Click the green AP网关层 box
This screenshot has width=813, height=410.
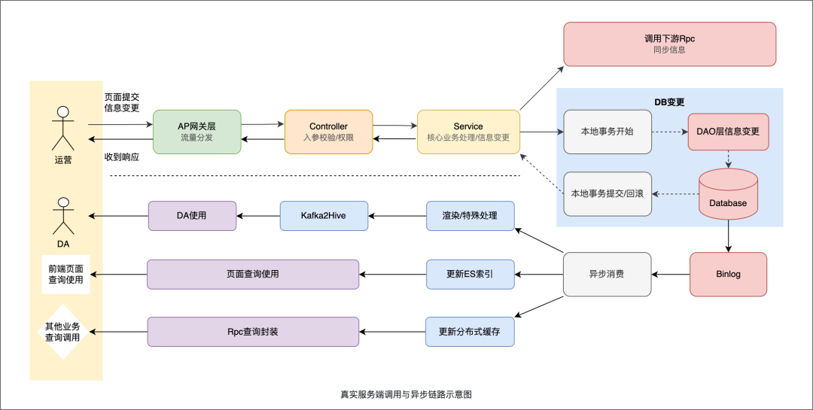point(196,132)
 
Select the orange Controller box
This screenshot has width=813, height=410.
point(328,132)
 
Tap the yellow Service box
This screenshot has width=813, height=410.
point(468,132)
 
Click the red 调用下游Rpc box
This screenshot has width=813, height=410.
point(669,44)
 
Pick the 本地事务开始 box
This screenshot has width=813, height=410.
point(607,132)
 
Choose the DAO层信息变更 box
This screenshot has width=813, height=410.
point(728,132)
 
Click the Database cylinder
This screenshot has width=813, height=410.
point(728,193)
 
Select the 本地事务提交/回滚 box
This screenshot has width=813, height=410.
point(607,193)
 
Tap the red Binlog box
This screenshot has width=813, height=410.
point(728,274)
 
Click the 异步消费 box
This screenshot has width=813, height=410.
point(607,274)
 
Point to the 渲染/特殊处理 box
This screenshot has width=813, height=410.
point(470,216)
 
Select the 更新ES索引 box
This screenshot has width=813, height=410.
point(470,274)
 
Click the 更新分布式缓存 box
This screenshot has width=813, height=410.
point(470,332)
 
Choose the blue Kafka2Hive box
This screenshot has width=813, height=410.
point(324,216)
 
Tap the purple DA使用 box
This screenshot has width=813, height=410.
point(192,216)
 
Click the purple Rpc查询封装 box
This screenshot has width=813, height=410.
point(253,332)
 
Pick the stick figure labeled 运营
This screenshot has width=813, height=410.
point(63,128)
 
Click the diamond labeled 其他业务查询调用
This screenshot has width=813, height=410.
point(62,332)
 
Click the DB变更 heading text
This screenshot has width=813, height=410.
point(669,102)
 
